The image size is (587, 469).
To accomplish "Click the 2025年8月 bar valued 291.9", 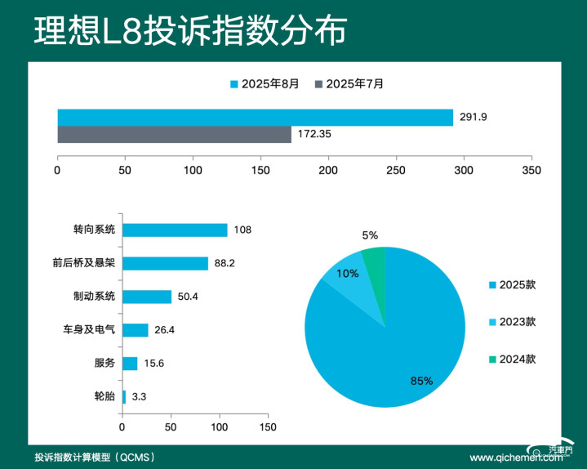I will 255,118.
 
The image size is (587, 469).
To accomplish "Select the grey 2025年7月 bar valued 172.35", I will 174,135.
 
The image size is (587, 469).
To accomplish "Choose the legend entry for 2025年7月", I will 349,83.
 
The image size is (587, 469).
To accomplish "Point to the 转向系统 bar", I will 175,230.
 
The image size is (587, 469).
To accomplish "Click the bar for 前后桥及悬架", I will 165,263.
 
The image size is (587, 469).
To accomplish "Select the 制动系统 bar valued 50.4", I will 147,297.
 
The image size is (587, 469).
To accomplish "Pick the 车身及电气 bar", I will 136,330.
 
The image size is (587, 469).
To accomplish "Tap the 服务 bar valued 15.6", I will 130,364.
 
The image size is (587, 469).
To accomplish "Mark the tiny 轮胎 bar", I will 124,397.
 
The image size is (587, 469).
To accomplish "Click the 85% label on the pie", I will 421,381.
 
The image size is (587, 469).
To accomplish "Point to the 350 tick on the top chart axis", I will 531,171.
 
